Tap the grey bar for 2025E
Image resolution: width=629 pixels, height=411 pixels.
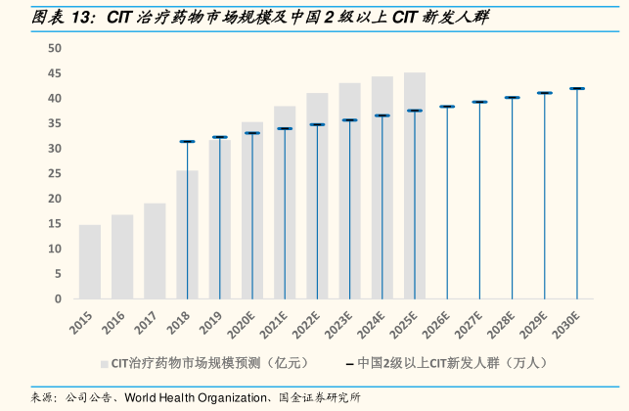(415, 185)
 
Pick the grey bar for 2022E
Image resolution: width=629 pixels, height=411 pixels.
(317, 196)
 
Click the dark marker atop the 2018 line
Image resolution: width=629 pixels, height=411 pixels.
(187, 142)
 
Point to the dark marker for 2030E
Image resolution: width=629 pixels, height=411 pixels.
(577, 89)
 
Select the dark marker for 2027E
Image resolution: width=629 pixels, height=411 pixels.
(479, 102)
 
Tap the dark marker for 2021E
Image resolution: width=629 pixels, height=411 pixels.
(285, 128)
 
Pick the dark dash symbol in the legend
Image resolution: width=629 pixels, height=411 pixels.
(349, 363)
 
